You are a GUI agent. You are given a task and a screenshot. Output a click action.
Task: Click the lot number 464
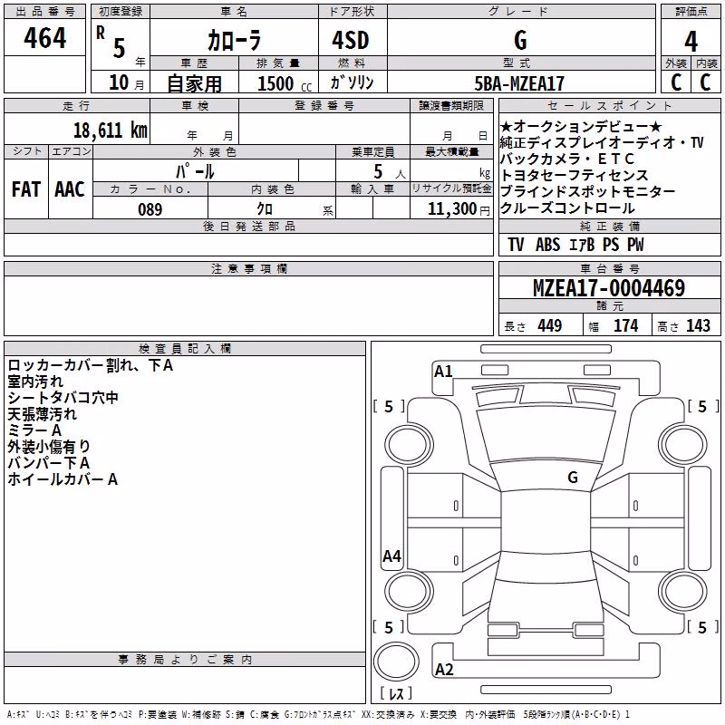(x=44, y=38)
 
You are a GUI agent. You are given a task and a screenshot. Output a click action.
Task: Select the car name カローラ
(x=234, y=40)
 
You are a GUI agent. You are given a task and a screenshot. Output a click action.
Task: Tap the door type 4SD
(x=351, y=40)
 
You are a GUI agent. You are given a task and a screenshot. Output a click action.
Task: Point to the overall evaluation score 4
(x=691, y=42)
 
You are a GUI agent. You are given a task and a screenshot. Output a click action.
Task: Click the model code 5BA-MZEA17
(x=519, y=83)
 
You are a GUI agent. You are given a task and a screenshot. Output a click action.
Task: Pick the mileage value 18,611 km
(x=111, y=130)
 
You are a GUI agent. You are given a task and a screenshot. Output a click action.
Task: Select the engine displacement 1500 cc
(x=285, y=83)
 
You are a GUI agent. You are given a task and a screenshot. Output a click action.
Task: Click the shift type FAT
(x=26, y=189)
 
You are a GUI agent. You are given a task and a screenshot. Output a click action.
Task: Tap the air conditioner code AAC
(x=70, y=189)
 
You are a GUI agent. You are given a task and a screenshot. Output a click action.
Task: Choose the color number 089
(x=150, y=209)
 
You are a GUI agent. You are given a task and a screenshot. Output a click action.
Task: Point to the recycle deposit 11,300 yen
(x=459, y=209)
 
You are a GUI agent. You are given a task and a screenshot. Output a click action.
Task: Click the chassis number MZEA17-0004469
(x=609, y=288)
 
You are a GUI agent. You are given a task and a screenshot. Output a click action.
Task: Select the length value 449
(x=550, y=325)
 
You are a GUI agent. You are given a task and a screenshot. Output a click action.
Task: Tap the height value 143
(x=698, y=325)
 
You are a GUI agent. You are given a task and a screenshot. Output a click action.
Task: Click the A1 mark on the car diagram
(x=443, y=372)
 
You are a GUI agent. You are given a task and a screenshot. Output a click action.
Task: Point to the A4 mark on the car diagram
(x=391, y=556)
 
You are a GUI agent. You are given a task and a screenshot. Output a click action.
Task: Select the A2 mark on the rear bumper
(x=444, y=670)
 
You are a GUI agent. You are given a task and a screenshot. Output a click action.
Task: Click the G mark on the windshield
(x=573, y=478)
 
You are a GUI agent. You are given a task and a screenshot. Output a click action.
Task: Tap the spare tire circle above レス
(x=396, y=661)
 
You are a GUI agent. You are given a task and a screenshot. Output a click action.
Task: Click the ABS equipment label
(x=548, y=245)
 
